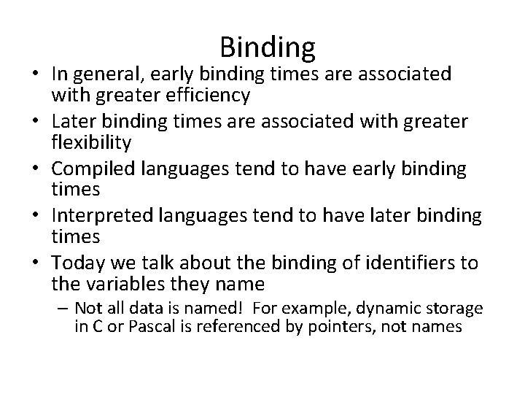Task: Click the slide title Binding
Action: [267, 48]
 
